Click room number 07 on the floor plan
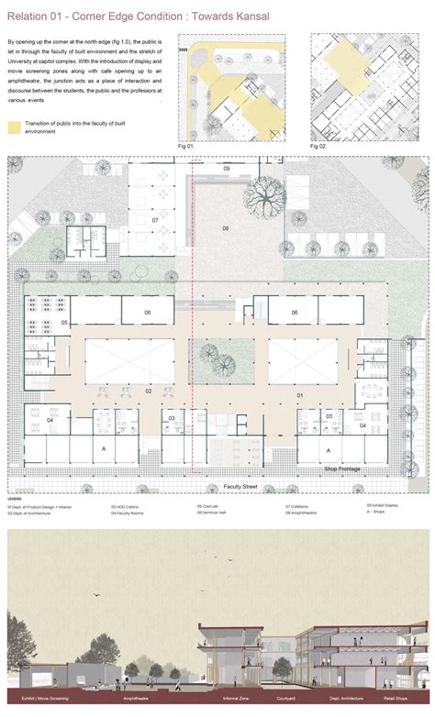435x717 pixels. [x=155, y=221]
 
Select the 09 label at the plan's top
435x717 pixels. [x=227, y=170]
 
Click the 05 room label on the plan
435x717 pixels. [x=65, y=323]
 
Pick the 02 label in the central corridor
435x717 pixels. [x=148, y=390]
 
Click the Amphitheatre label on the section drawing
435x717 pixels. [x=139, y=698]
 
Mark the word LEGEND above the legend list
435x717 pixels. [x=16, y=500]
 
